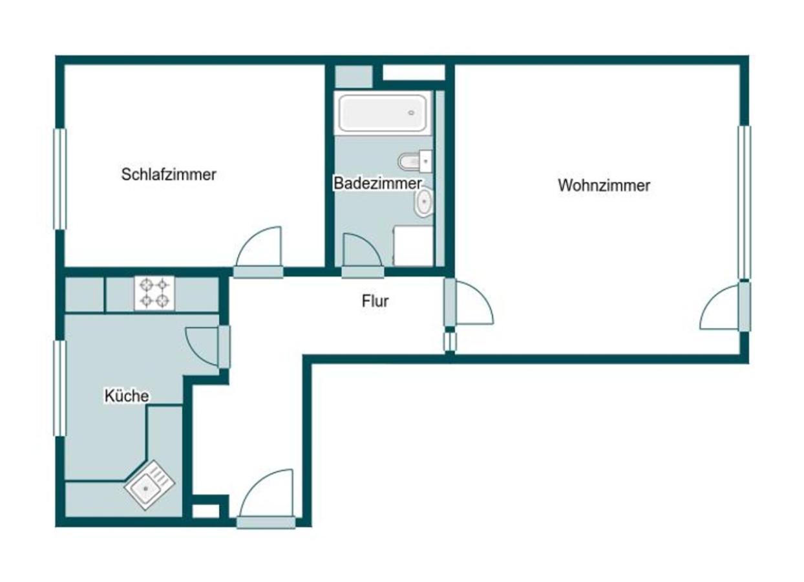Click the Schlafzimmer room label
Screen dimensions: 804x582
tap(169, 175)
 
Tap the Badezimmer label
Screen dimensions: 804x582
tap(377, 183)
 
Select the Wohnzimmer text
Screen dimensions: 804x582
tap(604, 185)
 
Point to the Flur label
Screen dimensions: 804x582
tap(375, 301)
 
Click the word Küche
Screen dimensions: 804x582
tap(127, 396)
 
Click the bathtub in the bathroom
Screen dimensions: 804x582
tap(383, 113)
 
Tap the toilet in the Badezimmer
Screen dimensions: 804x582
tap(416, 161)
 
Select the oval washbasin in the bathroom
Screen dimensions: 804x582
tap(424, 202)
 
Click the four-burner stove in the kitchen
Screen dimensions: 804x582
tap(154, 294)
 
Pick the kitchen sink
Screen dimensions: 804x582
tap(149, 485)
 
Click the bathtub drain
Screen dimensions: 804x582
tap(411, 113)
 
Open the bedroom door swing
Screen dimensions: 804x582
tap(259, 246)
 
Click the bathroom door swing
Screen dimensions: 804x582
tap(363, 250)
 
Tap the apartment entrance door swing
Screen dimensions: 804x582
tap(266, 493)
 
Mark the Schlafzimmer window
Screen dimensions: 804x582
tap(60, 178)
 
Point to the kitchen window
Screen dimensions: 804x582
tap(60, 389)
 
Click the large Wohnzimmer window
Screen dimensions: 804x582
tap(745, 202)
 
